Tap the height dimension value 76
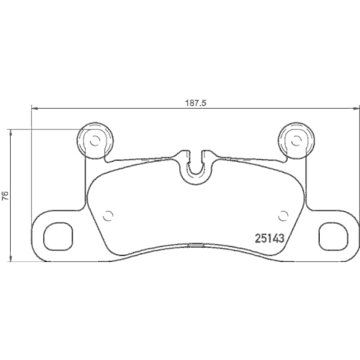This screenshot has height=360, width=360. click(5, 195)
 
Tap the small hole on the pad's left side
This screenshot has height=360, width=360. click(109, 214)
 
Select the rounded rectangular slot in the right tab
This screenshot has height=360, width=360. click(332, 234)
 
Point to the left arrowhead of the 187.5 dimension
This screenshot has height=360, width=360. click(32, 109)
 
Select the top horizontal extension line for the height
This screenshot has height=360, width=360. click(43, 130)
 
